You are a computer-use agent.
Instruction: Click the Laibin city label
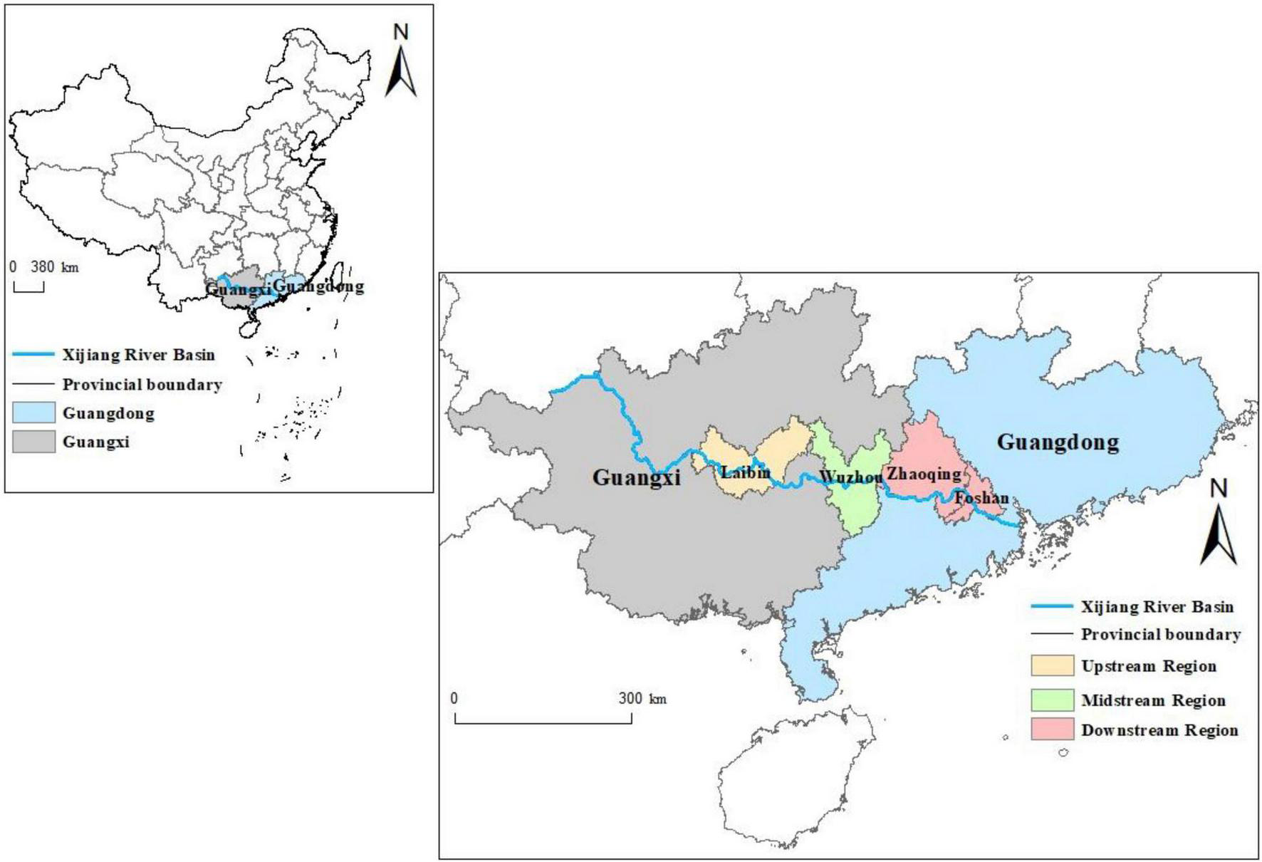pos(745,472)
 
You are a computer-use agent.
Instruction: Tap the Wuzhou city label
pos(850,476)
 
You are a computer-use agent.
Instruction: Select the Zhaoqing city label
pos(923,474)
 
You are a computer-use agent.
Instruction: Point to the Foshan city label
pos(981,497)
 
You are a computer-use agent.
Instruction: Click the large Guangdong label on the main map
pos(1058,442)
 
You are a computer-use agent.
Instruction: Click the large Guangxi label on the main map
pos(636,477)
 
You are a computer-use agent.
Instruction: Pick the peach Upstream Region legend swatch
pos(1052,665)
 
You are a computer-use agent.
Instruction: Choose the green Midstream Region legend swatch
pos(1052,700)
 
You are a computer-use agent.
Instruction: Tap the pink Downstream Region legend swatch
pos(1052,729)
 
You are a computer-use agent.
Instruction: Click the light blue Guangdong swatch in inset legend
pos(33,413)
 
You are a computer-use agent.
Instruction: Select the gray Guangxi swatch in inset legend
pos(33,442)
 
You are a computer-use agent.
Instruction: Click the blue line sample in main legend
pos(1051,606)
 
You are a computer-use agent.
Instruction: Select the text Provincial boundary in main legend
pos(1160,634)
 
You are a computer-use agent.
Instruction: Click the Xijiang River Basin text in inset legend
pos(138,355)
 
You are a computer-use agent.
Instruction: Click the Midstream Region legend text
pos(1153,700)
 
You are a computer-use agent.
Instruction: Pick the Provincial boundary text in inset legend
pos(142,385)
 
